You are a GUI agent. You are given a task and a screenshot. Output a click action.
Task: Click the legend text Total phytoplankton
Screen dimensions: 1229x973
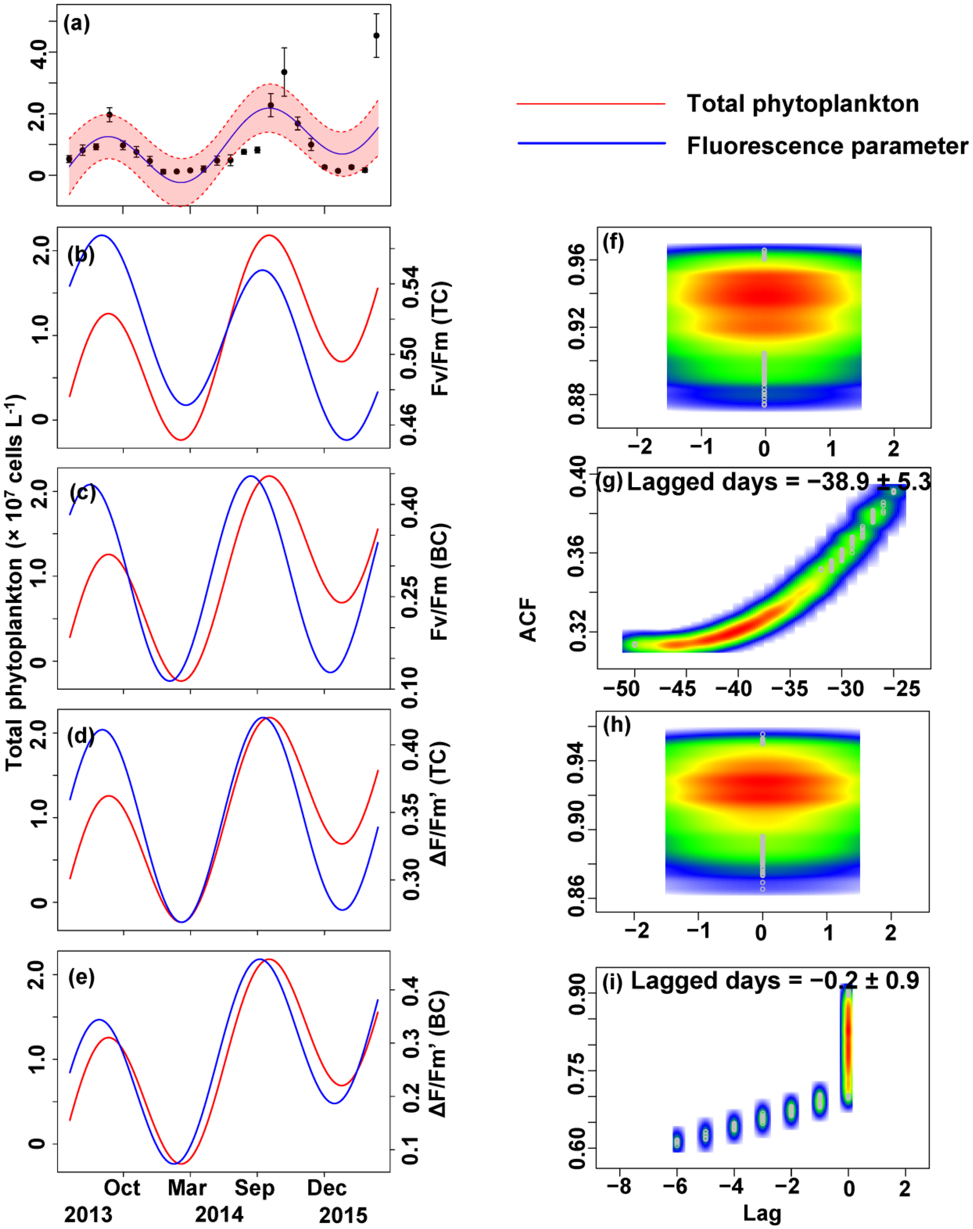click(x=802, y=104)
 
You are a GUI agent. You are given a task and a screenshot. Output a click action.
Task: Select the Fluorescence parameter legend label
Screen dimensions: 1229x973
click(x=827, y=146)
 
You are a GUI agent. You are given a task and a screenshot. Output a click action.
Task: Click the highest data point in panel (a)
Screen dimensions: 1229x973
click(x=376, y=35)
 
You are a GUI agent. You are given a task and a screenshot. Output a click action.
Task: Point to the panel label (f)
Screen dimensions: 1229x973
click(x=613, y=243)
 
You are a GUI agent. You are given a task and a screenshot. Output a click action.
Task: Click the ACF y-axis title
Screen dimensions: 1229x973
click(x=528, y=619)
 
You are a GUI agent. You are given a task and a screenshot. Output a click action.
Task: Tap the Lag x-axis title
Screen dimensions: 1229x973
click(x=762, y=1212)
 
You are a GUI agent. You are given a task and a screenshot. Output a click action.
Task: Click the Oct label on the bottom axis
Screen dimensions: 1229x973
click(x=121, y=1188)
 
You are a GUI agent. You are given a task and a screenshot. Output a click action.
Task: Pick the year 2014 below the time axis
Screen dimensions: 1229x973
click(x=219, y=1215)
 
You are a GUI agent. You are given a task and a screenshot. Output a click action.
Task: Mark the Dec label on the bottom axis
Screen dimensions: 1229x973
click(x=326, y=1188)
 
